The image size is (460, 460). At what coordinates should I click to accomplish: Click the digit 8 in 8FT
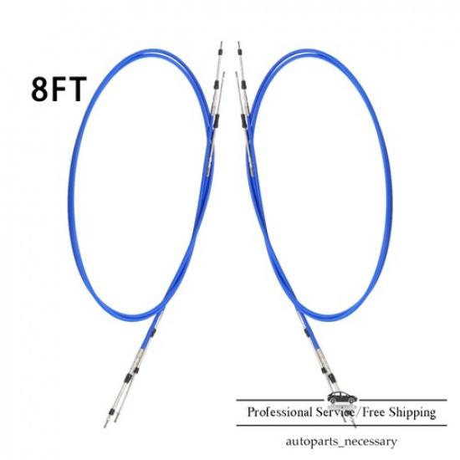click(40, 89)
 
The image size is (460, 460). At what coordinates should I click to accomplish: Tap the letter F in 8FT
click(59, 89)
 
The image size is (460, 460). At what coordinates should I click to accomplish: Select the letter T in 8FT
click(78, 89)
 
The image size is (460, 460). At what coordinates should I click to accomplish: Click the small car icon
click(342, 398)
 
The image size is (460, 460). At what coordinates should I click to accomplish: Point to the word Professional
click(280, 412)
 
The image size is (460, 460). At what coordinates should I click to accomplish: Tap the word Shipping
click(412, 413)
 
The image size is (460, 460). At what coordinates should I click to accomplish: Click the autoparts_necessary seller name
click(341, 442)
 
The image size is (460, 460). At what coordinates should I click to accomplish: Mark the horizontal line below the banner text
click(341, 426)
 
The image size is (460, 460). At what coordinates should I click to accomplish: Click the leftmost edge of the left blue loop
click(70, 191)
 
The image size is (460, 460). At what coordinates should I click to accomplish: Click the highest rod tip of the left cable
click(221, 43)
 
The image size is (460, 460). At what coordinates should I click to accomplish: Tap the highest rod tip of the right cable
click(238, 43)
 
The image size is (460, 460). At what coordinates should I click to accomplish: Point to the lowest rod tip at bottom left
click(105, 427)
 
